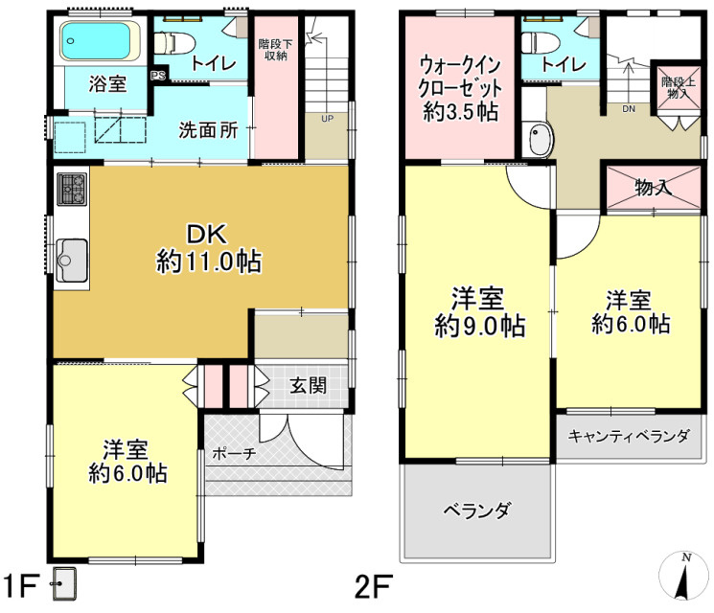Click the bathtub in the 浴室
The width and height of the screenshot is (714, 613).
point(97,41)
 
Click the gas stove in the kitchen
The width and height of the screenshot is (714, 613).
point(72,189)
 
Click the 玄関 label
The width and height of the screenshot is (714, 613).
point(308,386)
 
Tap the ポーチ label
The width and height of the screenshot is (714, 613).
point(234,453)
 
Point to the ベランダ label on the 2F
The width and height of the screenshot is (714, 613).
point(476,509)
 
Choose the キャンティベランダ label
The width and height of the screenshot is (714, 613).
point(629,437)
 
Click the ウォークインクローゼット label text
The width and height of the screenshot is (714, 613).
point(459,88)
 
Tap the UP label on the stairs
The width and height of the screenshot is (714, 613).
point(327,120)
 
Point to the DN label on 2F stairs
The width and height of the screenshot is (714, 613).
point(629,108)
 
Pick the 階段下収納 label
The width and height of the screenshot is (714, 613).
point(276,49)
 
